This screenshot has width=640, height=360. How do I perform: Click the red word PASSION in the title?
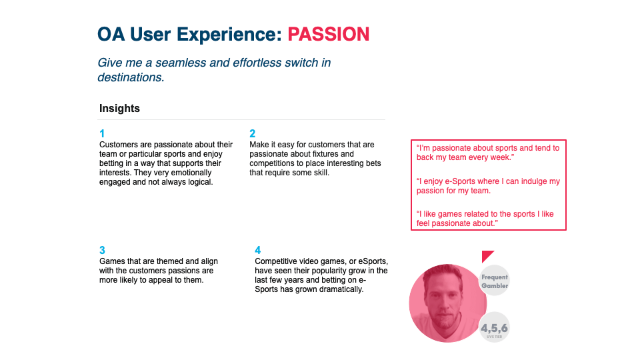click(328, 34)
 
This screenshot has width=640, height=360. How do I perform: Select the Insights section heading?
click(119, 108)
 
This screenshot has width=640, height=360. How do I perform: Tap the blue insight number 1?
click(102, 133)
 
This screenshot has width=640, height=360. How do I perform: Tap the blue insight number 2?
click(252, 133)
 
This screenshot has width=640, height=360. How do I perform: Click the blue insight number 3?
click(102, 250)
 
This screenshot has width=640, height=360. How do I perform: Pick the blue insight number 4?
click(257, 250)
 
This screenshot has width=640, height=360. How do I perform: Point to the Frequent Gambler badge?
click(494, 281)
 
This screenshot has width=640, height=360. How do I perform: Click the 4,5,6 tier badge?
click(494, 328)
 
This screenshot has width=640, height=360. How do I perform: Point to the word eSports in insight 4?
click(372, 261)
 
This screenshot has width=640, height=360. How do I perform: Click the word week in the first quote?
click(500, 157)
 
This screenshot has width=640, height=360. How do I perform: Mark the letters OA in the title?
click(111, 34)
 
